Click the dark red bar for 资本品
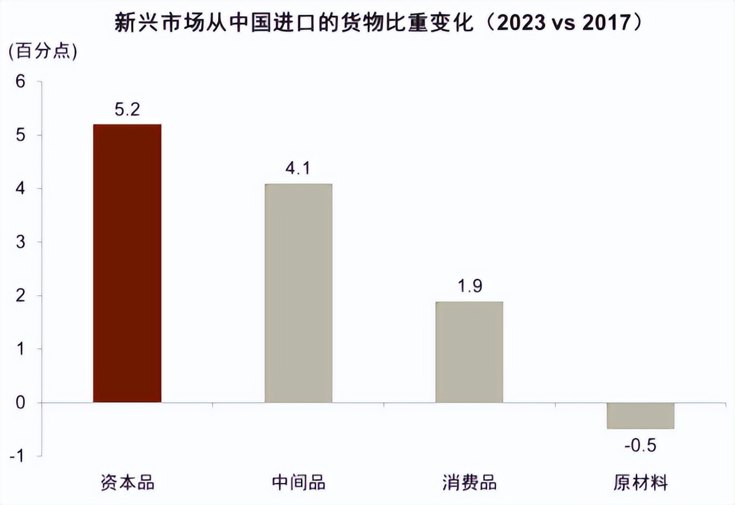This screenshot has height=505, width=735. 127,263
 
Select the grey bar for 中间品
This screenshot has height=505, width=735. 298,293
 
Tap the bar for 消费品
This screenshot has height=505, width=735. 469,352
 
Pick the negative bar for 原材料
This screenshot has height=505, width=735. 640,416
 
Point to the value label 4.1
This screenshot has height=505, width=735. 298,169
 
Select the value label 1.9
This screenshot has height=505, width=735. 469,287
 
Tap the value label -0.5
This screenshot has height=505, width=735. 640,446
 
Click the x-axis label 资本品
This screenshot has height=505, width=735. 127,482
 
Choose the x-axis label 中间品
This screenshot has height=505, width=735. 298,482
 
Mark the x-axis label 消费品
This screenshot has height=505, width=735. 469,482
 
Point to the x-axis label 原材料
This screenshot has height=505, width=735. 640,482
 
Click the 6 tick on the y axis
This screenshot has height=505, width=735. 21,82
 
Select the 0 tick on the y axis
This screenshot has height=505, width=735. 21,402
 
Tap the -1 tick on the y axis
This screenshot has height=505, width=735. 18,456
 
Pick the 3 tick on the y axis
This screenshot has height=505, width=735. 21,242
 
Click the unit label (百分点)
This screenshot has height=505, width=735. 42,51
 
